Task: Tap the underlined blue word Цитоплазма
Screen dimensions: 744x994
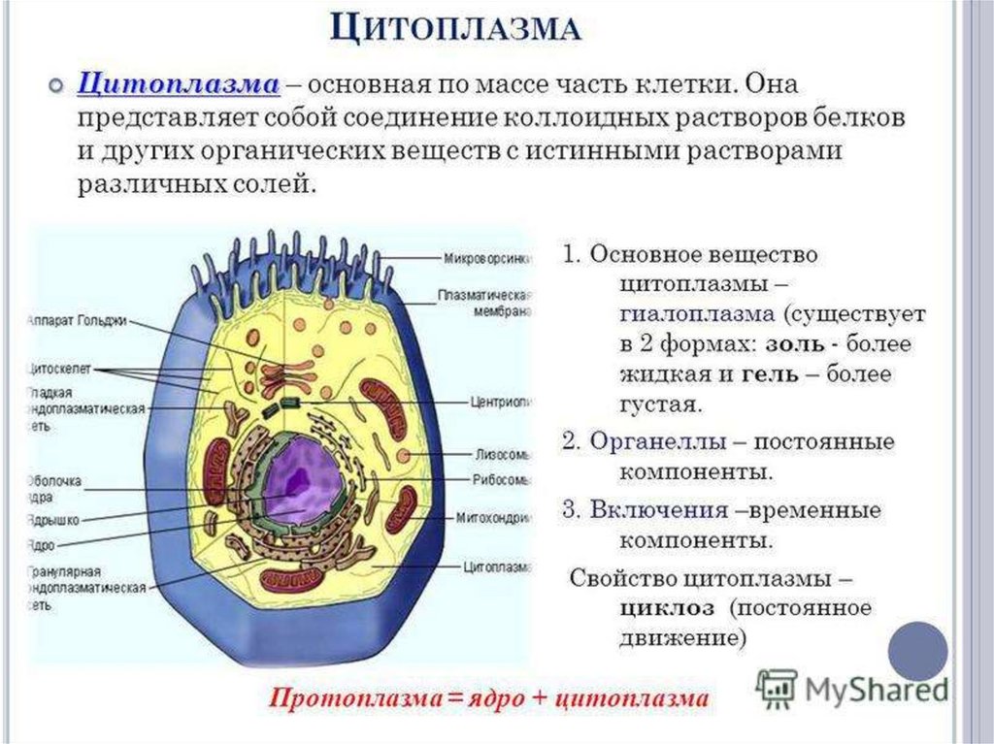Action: pyautogui.click(x=179, y=84)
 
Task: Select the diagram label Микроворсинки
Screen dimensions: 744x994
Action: pyautogui.click(x=486, y=259)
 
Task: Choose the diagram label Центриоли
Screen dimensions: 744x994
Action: pyautogui.click(x=500, y=400)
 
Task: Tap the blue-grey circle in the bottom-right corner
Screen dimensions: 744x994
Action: pyautogui.click(x=917, y=652)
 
